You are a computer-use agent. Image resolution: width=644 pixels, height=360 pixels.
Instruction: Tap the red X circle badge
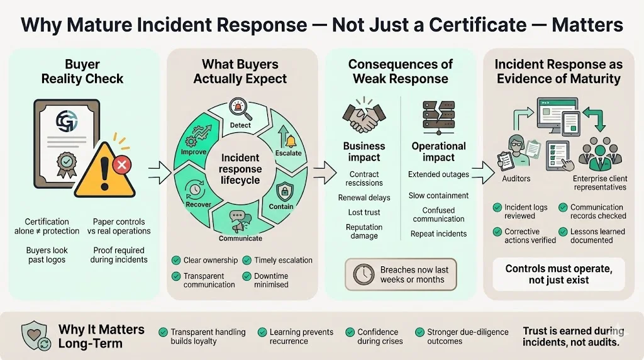(x=122, y=165)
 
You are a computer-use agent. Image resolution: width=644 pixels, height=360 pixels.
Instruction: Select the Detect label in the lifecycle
(x=240, y=125)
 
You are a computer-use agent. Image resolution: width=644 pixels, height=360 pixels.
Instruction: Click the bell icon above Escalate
(x=290, y=140)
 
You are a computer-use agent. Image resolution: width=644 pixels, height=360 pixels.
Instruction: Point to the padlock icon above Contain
(x=282, y=190)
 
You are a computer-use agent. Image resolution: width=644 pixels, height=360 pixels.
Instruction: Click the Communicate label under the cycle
(x=240, y=239)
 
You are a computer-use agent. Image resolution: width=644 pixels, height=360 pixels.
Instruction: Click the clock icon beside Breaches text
(x=364, y=274)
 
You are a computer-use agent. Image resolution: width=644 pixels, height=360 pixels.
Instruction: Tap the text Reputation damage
(x=364, y=231)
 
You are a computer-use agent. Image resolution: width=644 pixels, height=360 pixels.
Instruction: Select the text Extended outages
(x=438, y=174)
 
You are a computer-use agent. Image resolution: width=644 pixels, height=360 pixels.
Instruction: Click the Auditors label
(x=516, y=178)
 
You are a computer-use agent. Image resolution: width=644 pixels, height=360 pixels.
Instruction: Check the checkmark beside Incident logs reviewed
(x=497, y=208)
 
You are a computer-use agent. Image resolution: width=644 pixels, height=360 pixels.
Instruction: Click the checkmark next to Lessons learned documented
(x=563, y=232)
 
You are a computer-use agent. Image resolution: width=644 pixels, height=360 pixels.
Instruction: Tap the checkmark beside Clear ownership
(x=176, y=260)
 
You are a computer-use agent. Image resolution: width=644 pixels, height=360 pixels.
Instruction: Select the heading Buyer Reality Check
(x=82, y=72)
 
